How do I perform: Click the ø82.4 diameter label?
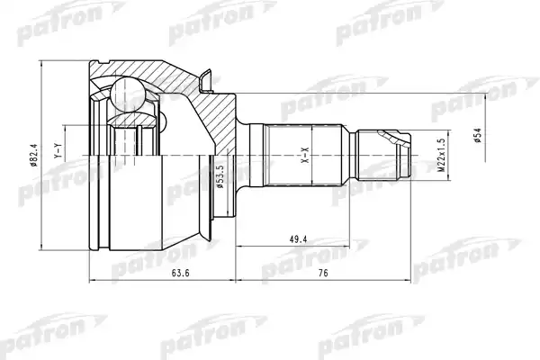[x=34, y=155]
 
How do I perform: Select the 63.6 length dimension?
[x=181, y=274]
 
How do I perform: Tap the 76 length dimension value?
[x=323, y=274]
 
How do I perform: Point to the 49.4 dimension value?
[x=298, y=239]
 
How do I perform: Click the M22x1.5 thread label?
[x=442, y=156]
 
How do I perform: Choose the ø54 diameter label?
[x=477, y=135]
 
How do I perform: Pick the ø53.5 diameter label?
[x=220, y=176]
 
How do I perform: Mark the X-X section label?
[x=305, y=155]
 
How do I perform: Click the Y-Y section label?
[x=58, y=151]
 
